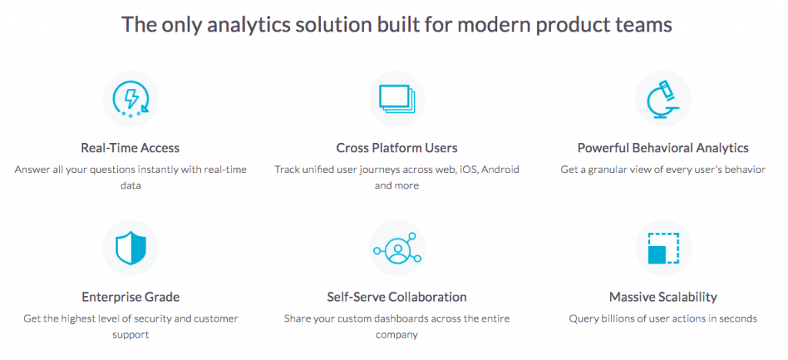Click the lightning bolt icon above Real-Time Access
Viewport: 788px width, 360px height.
131,99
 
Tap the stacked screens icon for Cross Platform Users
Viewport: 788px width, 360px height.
397,99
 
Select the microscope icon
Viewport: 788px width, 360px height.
663,99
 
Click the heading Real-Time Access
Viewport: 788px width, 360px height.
130,148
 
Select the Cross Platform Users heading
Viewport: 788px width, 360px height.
397,148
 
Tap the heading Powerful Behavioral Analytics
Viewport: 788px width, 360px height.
663,148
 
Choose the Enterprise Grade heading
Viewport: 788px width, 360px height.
131,297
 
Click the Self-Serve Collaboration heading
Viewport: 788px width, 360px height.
397,297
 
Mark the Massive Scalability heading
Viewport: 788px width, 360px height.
663,297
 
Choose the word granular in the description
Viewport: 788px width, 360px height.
605,170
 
